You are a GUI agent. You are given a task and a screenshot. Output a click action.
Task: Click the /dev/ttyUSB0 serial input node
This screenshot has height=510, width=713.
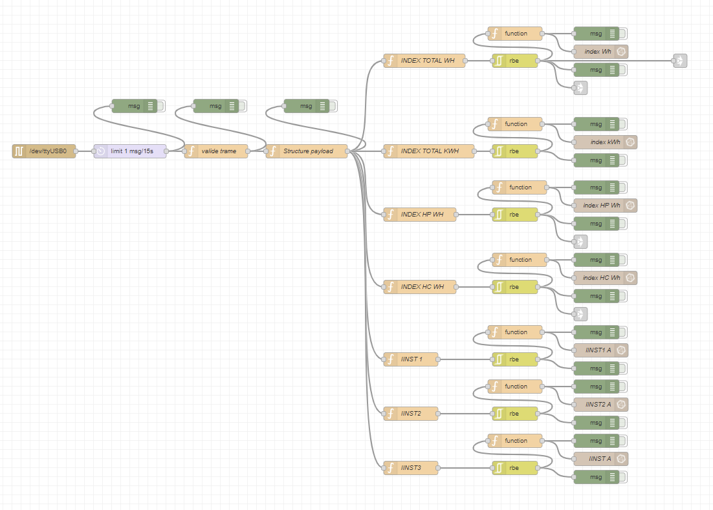(43, 151)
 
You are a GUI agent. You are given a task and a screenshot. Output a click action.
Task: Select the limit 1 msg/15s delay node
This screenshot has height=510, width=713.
(130, 151)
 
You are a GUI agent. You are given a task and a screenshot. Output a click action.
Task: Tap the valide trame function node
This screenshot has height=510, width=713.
(216, 151)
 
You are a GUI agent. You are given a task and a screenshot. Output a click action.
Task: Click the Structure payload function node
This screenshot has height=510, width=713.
(307, 151)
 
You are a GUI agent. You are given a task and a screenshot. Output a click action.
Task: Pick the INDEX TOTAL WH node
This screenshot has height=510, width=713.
(424, 60)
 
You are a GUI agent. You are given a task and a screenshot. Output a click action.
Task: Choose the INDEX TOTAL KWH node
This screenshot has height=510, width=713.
(429, 151)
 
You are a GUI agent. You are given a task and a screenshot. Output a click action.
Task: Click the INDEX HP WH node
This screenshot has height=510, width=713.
(420, 215)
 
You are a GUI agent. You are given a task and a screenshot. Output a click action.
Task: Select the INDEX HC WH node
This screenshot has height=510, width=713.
(420, 287)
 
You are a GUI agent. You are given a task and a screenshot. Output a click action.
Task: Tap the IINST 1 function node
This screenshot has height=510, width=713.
(411, 359)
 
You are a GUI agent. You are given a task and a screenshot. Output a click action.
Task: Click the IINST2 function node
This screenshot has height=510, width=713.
(411, 414)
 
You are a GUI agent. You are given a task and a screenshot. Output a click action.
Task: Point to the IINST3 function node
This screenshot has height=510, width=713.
(411, 468)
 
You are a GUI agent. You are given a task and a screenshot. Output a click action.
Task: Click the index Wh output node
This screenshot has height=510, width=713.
(601, 52)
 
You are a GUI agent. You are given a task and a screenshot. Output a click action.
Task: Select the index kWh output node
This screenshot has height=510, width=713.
(606, 142)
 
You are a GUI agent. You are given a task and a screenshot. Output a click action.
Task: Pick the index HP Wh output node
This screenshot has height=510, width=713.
(606, 206)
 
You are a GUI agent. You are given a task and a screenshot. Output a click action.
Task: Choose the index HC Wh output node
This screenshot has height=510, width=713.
(606, 278)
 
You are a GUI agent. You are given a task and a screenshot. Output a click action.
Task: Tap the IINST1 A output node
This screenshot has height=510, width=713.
(601, 350)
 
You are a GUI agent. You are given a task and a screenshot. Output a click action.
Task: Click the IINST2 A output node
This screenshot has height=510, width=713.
(601, 405)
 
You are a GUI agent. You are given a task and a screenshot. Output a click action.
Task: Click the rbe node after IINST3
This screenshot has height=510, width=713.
(515, 468)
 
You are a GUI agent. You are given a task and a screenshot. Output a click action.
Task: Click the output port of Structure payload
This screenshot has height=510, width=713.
(347, 151)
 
